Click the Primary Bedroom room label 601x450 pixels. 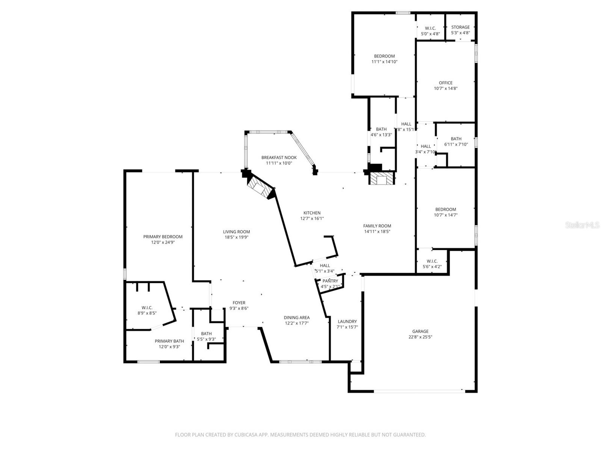[163, 237]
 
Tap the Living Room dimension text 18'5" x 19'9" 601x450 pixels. [236, 237]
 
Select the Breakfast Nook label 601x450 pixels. [279, 158]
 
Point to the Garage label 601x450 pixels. [420, 331]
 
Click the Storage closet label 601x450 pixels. [460, 27]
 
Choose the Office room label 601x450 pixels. [445, 83]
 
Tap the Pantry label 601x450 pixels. [330, 281]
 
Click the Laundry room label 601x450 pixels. [347, 322]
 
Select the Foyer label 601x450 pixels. [239, 303]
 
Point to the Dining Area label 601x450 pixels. [296, 318]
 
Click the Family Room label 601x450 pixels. [377, 226]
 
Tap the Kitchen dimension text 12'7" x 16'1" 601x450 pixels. [312, 218]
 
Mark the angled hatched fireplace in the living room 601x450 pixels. [260, 188]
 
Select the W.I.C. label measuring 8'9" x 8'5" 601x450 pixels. [147, 308]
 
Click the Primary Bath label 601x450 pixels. [169, 341]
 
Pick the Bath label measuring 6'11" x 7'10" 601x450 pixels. [456, 139]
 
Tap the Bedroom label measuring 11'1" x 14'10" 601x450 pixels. [384, 56]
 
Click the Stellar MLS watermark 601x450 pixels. [582, 225]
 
